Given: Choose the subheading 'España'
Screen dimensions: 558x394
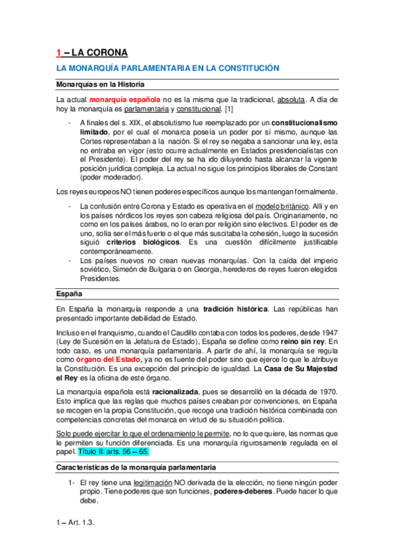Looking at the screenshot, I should click(x=68, y=293).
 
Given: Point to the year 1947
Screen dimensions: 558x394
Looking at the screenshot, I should click(x=328, y=333).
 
